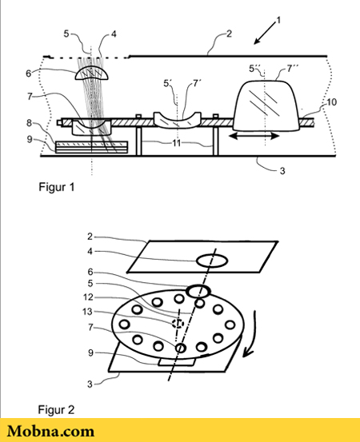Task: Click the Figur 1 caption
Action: tap(57, 187)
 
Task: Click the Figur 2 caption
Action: tap(56, 409)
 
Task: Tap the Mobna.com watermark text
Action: tap(50, 432)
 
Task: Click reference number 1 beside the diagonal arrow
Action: tap(278, 20)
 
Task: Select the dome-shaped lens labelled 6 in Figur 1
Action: tap(91, 73)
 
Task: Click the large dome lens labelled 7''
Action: tap(266, 106)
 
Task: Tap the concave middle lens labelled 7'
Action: tap(178, 121)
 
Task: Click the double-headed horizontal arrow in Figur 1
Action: tap(254, 136)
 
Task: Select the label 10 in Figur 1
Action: tap(331, 102)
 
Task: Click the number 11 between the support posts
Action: tap(177, 143)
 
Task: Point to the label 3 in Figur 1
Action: tap(282, 170)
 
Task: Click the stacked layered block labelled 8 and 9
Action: tap(91, 147)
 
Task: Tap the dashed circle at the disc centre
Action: tap(178, 324)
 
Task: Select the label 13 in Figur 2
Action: tap(87, 312)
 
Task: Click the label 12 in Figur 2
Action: tap(88, 297)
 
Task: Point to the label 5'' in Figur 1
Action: tap(254, 69)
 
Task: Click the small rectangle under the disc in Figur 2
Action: tap(176, 362)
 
